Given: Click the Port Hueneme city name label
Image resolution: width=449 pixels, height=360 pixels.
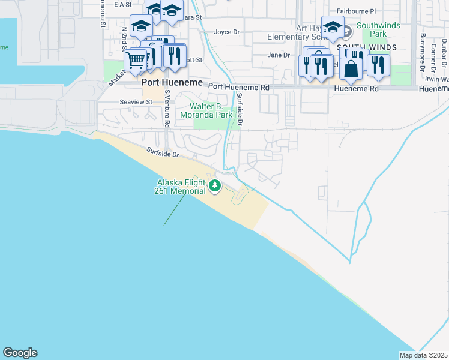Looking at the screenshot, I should click(x=172, y=83).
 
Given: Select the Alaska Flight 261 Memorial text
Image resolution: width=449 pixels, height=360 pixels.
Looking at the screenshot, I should click(x=181, y=187).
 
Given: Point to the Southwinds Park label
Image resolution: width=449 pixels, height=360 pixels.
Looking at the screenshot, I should click(x=378, y=30).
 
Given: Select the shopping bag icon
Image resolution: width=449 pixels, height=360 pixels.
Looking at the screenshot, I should click(x=351, y=68).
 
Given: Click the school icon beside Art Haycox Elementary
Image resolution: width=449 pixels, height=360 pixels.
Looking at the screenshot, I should click(x=333, y=27).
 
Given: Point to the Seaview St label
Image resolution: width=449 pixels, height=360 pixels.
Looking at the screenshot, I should click(x=136, y=103).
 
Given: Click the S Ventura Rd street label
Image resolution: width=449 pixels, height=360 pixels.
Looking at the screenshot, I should click(x=167, y=108).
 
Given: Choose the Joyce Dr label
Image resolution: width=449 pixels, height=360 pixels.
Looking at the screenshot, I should click(x=227, y=32).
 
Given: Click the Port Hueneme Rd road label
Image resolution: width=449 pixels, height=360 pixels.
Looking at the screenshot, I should click(x=239, y=87).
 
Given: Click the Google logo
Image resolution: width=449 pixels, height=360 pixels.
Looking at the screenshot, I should click(x=20, y=353).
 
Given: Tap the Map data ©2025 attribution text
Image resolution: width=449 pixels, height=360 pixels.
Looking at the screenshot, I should click(x=423, y=355).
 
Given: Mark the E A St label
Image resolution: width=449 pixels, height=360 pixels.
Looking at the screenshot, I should click(x=121, y=5).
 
